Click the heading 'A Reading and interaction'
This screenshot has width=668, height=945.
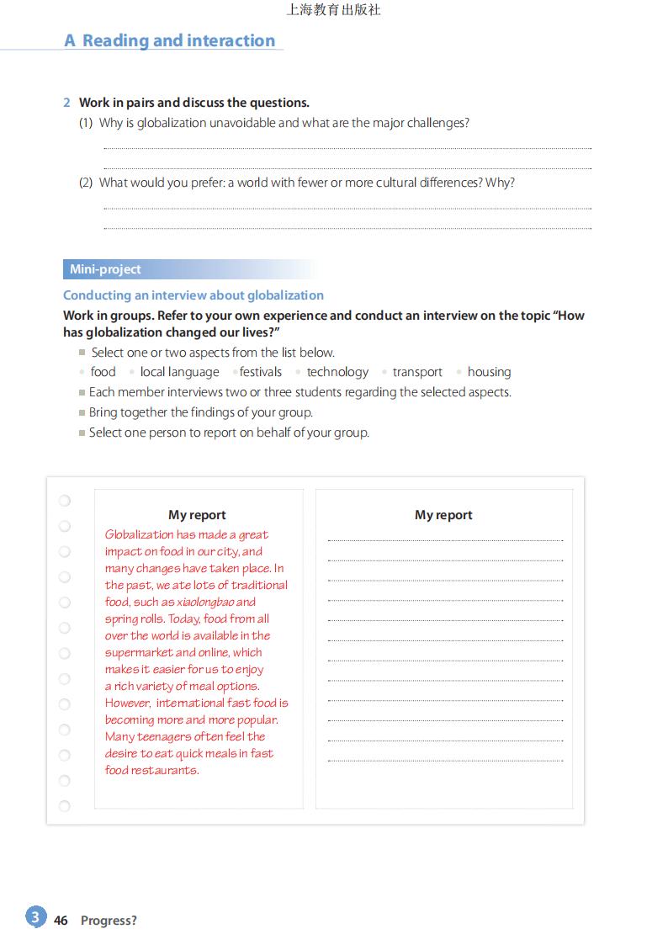170,40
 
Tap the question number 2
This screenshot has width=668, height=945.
66,103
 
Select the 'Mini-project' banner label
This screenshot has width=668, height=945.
105,269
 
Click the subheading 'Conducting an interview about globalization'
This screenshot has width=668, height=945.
194,295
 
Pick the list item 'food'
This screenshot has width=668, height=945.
103,372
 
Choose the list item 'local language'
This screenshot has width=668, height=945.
179,372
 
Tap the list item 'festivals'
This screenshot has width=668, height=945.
261,372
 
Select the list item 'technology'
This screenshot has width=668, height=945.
337,372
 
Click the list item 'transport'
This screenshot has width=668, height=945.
417,372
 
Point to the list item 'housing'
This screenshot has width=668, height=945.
489,372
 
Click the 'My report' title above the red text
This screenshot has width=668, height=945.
197,515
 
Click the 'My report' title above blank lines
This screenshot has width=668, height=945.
443,515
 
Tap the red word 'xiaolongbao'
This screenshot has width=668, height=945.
206,603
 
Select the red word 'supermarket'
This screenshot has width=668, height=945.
137,653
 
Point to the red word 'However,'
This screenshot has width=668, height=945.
128,703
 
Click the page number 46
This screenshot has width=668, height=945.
61,921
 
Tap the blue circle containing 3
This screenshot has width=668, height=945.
35,917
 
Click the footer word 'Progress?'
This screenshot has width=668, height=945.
109,921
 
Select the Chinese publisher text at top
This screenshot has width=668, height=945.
334,10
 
